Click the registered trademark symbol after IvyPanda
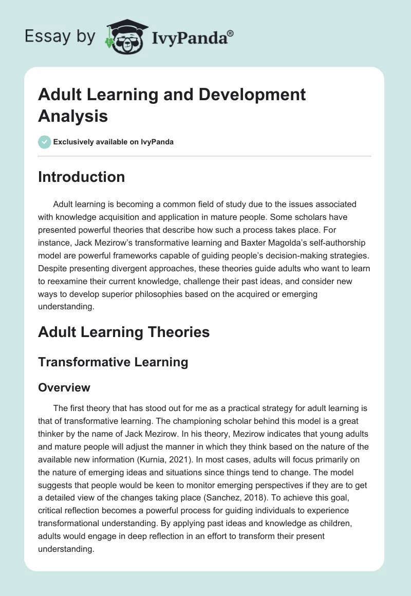point(231,33)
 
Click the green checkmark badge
point(45,142)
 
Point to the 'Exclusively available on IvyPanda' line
point(114,142)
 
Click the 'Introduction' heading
point(82,177)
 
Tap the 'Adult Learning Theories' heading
point(124,332)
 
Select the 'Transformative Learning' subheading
point(113,362)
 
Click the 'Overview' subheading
point(64,387)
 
